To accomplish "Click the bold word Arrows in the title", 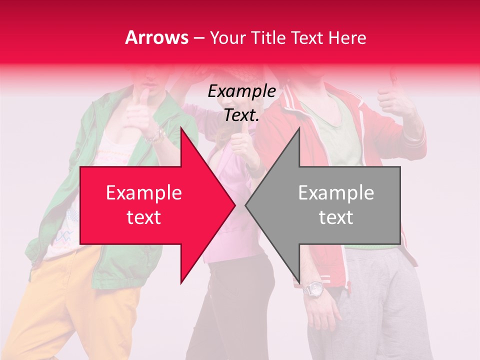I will coord(157,37).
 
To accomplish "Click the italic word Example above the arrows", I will coord(242,91).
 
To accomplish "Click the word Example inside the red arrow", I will coord(144,193).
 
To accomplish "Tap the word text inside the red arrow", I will coord(144,217).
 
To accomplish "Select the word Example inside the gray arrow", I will coord(336,193).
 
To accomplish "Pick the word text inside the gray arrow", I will coord(336,217).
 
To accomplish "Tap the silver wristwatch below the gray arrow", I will coord(313,289).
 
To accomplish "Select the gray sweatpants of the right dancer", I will coord(380,300).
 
